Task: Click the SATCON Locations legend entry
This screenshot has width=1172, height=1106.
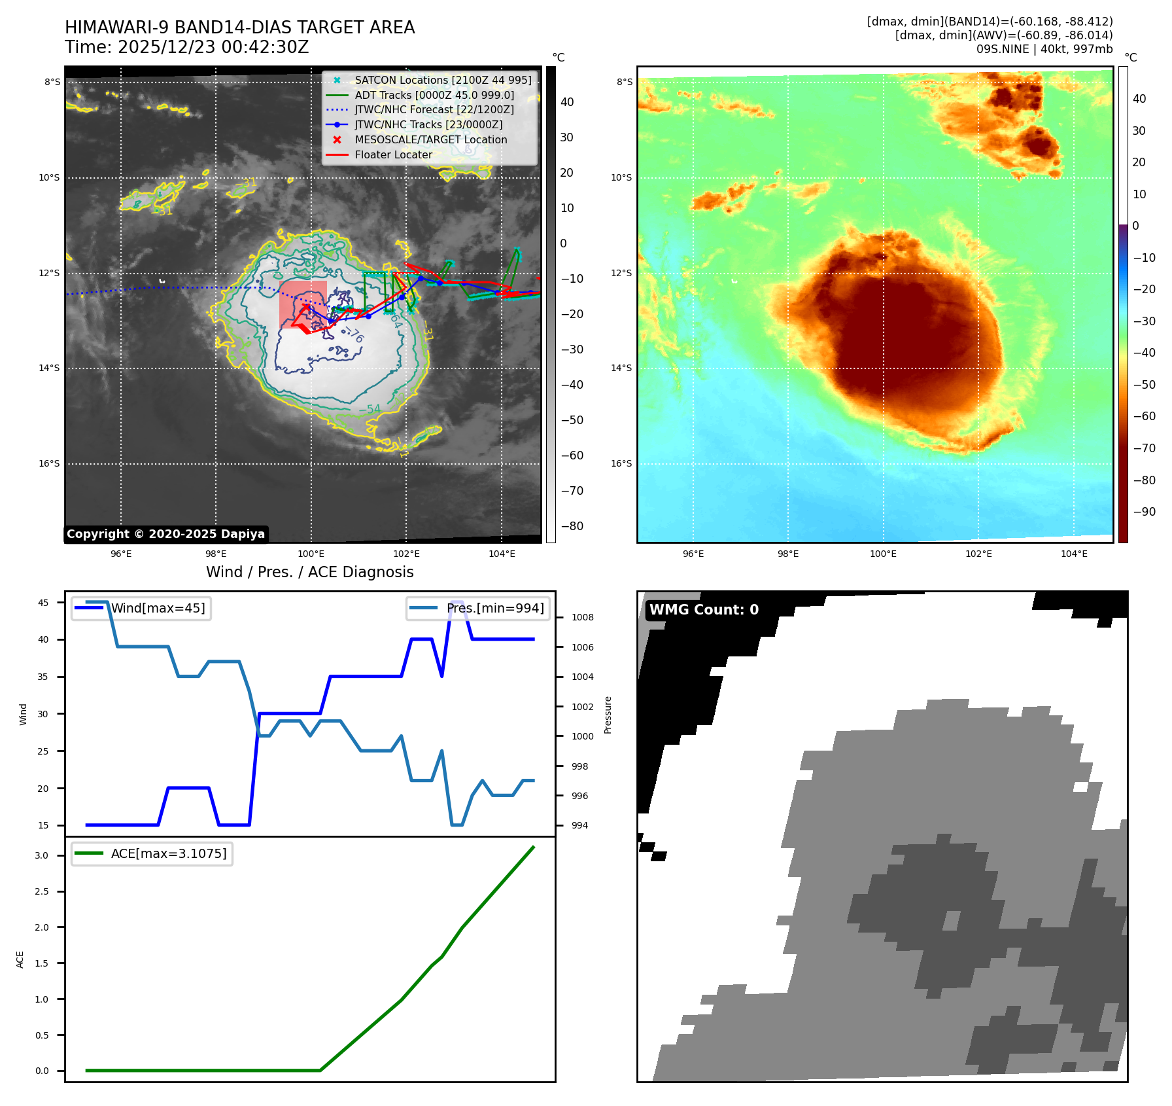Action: click(443, 80)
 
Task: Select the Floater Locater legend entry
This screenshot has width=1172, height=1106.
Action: click(393, 154)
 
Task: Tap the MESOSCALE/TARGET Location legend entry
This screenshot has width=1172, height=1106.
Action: click(430, 139)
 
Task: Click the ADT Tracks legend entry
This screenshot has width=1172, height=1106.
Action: click(434, 95)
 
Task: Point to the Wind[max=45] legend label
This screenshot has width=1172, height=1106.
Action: click(158, 608)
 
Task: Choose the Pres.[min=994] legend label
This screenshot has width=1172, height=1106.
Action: click(494, 608)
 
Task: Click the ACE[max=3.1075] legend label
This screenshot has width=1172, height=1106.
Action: click(169, 853)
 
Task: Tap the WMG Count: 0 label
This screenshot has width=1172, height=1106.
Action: click(704, 609)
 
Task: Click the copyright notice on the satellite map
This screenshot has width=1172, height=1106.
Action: click(165, 534)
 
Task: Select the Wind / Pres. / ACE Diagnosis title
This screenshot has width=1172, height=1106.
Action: click(309, 572)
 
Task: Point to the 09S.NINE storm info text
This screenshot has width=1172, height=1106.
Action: click(1044, 49)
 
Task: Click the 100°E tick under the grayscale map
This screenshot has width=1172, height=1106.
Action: click(311, 554)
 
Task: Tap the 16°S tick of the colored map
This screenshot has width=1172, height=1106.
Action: click(621, 463)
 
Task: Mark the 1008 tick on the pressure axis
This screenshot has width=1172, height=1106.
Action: click(582, 617)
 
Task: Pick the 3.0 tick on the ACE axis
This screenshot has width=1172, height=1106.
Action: click(41, 855)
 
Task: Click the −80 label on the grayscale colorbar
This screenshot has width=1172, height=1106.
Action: click(566, 526)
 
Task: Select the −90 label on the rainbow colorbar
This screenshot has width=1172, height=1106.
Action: click(1144, 512)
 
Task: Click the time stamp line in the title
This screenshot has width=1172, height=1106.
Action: click(186, 47)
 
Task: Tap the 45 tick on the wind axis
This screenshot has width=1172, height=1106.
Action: click(43, 603)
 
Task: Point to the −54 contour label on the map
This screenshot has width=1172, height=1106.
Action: click(370, 409)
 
